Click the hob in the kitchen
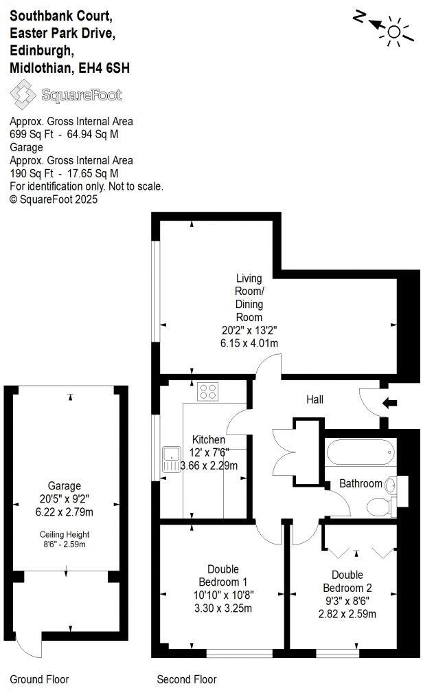(207, 392)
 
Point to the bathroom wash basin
(391, 485)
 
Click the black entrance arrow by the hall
(389, 403)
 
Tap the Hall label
(315, 399)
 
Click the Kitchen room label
(209, 440)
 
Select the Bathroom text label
(361, 483)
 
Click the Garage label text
(64, 485)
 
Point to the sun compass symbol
(393, 30)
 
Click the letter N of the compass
(358, 16)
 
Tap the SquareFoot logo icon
(23, 94)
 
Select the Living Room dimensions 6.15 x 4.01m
(249, 342)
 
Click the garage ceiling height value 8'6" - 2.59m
(64, 544)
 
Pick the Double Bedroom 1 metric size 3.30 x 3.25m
(223, 608)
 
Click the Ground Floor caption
(39, 680)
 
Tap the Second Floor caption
(187, 680)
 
